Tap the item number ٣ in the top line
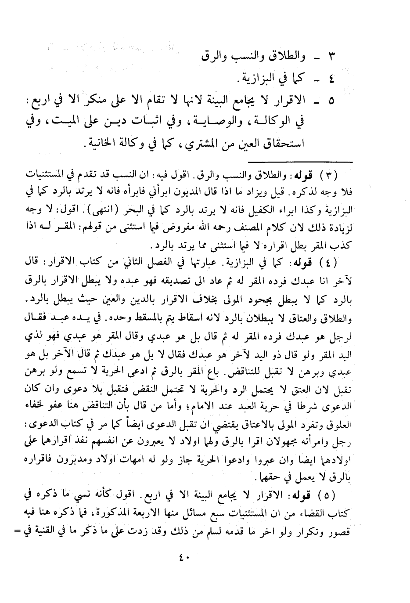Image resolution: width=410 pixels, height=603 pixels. click(x=332, y=57)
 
